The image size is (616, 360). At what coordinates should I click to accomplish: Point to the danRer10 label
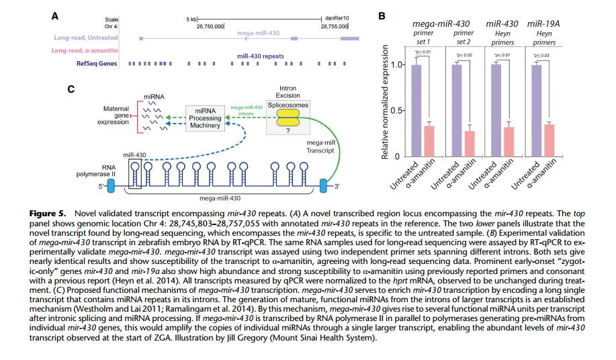click(x=337, y=18)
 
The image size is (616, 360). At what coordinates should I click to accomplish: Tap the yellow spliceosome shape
click(x=287, y=119)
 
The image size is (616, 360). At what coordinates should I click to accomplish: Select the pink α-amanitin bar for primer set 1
click(x=429, y=141)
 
